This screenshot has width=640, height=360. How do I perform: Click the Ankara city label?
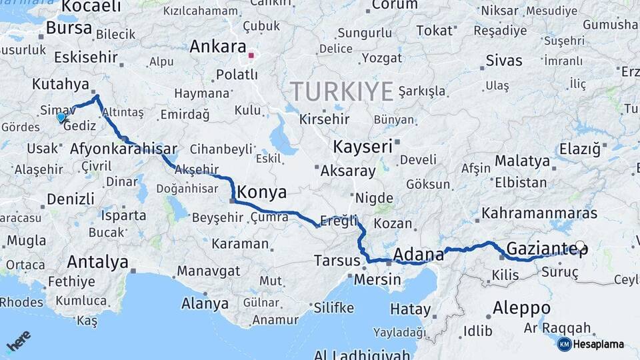click(x=217, y=47)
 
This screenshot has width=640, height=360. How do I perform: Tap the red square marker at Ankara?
click(x=251, y=56)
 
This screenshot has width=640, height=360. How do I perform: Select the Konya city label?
click(x=262, y=193)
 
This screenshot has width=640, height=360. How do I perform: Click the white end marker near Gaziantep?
click(x=580, y=246)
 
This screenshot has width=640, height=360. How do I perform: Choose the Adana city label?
click(x=419, y=254)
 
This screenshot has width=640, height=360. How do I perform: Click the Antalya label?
click(x=97, y=262)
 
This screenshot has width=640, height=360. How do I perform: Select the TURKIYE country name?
click(x=341, y=91)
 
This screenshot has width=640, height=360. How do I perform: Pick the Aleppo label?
click(x=521, y=308)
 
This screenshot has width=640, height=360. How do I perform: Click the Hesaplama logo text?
click(x=598, y=344)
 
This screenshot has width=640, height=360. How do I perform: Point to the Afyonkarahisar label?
click(x=123, y=149)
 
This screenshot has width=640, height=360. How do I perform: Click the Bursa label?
click(x=69, y=28)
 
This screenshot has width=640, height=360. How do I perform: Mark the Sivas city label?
click(x=504, y=61)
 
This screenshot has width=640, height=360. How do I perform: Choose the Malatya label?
click(x=522, y=161)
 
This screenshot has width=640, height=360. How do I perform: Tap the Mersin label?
click(x=377, y=280)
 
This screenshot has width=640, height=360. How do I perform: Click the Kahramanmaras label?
click(x=539, y=213)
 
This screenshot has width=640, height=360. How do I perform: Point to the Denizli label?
click(x=70, y=198)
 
